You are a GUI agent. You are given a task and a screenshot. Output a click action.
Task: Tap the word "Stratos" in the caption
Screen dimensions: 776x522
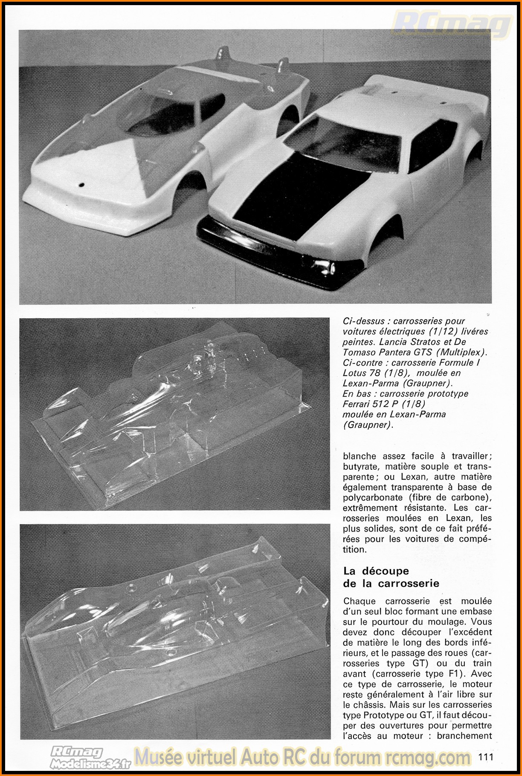point(428,342)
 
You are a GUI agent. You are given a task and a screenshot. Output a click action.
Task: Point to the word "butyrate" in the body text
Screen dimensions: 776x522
point(360,466)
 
